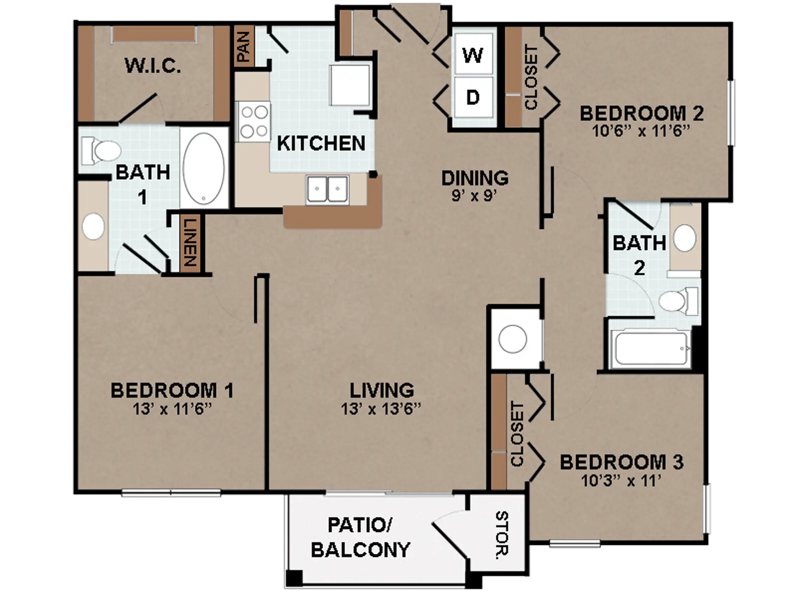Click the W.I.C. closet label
(x=153, y=66)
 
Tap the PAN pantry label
(x=243, y=46)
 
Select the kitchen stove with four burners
(x=254, y=122)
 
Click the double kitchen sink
(x=327, y=189)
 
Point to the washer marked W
(x=473, y=55)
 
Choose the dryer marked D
(x=473, y=97)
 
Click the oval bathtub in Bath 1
(x=204, y=168)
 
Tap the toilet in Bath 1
(x=101, y=150)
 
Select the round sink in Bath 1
(x=94, y=226)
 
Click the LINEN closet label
(x=190, y=242)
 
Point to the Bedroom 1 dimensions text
(x=172, y=410)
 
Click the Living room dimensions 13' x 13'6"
(x=381, y=409)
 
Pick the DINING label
(x=475, y=178)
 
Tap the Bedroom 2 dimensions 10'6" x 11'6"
(x=641, y=131)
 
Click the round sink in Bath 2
(x=685, y=238)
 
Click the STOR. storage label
(x=502, y=534)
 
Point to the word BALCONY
(x=361, y=550)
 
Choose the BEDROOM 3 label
(x=622, y=462)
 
